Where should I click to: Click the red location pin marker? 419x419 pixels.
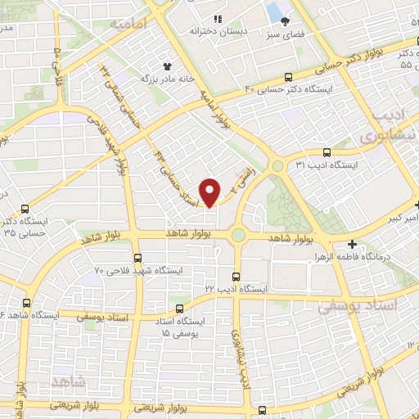[211, 191]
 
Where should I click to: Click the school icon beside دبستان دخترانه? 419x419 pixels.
[217, 19]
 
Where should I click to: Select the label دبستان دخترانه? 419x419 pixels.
[219, 31]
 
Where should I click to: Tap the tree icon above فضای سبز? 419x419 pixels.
[285, 22]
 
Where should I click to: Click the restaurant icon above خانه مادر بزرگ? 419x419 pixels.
[166, 64]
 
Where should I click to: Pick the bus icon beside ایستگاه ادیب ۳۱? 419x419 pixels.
[327, 151]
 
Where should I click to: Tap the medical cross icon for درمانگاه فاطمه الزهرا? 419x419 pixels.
[351, 243]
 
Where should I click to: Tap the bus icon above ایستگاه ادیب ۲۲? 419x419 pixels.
[236, 277]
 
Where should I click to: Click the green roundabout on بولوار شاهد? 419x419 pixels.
[237, 236]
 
